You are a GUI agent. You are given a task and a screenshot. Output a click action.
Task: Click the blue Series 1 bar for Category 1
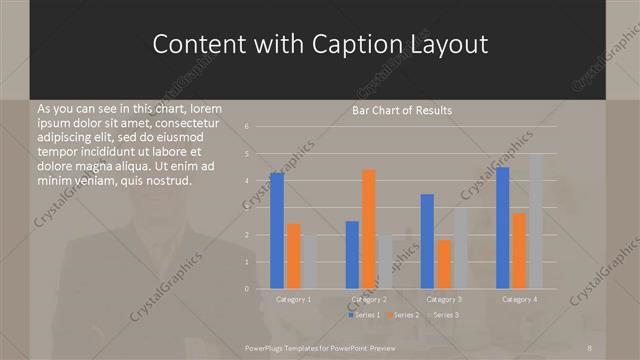[x=277, y=231]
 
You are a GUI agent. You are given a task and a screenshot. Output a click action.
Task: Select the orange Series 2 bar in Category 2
[x=368, y=229]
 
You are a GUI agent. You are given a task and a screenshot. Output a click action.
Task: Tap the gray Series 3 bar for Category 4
[x=535, y=221]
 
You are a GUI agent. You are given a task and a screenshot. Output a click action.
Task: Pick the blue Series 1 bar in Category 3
[x=427, y=241]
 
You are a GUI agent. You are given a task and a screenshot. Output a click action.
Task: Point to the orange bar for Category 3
[x=444, y=264]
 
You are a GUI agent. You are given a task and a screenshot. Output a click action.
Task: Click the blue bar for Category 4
[x=503, y=228]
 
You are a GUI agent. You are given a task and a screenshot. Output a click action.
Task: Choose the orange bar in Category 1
[x=293, y=256]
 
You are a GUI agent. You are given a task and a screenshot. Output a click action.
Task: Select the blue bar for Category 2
[x=352, y=255]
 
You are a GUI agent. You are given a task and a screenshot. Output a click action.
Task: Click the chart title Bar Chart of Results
[x=401, y=110]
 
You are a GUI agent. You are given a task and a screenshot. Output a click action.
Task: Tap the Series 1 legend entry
[x=364, y=315]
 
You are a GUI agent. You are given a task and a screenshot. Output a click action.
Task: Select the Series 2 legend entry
[x=403, y=315]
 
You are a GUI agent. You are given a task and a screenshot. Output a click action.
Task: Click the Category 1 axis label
[x=293, y=299]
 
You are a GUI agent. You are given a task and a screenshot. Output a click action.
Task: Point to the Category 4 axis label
[x=519, y=299]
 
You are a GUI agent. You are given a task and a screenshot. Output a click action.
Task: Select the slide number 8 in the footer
[x=591, y=347]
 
